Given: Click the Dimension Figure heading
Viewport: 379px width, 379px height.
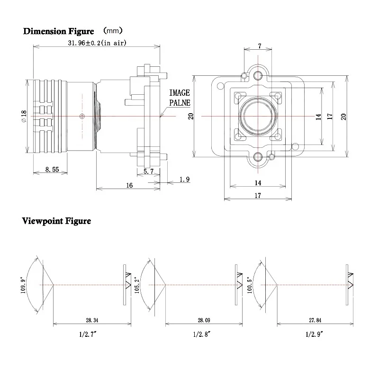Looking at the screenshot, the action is (58, 31).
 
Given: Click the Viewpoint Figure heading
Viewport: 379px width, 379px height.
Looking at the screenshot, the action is (56, 221).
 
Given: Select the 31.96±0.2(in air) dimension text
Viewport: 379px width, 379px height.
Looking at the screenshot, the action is (97, 43).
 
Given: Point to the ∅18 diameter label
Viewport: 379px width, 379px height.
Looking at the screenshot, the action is (24, 116).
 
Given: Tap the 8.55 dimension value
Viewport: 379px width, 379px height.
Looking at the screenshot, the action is (52, 170).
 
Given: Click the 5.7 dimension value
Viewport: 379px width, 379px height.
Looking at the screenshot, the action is (148, 171).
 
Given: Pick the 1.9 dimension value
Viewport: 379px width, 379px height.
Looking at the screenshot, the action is (184, 180).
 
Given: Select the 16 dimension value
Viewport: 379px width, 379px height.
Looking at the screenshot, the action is (129, 185).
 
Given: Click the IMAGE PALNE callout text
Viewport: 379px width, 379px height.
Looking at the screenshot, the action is (180, 98).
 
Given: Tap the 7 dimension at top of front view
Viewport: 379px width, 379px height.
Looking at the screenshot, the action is (259, 46).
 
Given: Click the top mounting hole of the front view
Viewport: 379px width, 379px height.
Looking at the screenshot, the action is (258, 76).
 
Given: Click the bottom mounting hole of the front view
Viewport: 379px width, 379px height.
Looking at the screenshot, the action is (258, 157).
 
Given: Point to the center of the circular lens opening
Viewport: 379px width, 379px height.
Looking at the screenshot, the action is (258, 116).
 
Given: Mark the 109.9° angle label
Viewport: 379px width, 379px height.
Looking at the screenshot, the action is (23, 285).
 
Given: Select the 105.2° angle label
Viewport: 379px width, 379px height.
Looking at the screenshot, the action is (137, 285).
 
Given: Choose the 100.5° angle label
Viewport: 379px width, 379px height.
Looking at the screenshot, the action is (250, 285).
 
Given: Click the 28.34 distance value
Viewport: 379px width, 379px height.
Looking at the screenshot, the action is (92, 320).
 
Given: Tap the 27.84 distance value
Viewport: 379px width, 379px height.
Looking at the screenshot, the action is (315, 320).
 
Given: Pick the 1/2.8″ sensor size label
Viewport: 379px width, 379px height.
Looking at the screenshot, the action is (202, 334).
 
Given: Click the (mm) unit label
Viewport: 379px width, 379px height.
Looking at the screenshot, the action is (113, 31).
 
